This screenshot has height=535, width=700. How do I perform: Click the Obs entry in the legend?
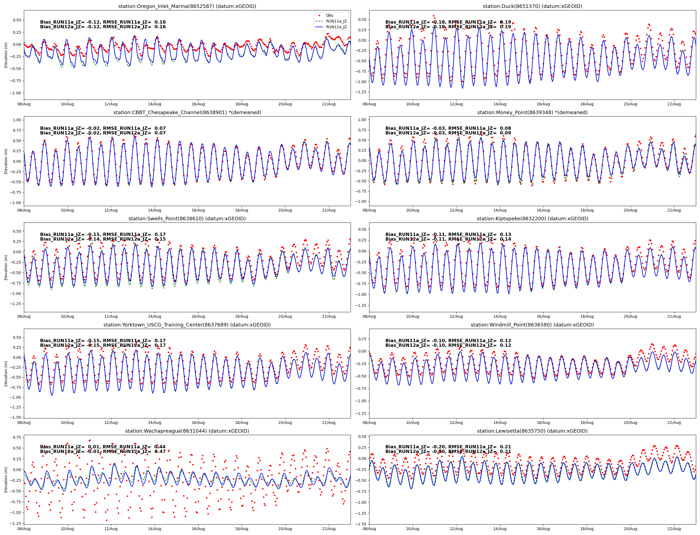(x=329, y=15)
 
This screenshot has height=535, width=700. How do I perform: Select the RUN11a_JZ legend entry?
(x=336, y=21)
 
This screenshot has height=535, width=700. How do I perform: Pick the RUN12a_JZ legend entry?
(x=336, y=27)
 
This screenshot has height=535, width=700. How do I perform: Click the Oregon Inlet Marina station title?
(x=187, y=6)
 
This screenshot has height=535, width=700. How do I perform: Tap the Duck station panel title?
(x=532, y=6)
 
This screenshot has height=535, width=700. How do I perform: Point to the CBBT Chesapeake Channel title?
(x=187, y=112)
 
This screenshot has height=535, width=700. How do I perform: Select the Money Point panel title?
(x=532, y=112)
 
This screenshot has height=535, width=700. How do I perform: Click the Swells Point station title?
(x=187, y=218)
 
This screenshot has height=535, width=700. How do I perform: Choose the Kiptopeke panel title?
(x=532, y=218)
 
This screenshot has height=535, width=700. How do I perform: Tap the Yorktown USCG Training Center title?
(x=187, y=325)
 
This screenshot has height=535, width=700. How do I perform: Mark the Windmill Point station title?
(x=532, y=325)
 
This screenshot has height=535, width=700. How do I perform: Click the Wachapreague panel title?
(x=187, y=431)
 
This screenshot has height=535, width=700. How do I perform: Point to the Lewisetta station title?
(x=532, y=431)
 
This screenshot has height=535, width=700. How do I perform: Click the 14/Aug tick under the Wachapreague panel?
(x=155, y=529)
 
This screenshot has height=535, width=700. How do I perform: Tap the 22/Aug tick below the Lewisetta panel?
(x=674, y=529)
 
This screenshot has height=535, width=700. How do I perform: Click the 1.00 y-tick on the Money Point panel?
(x=362, y=120)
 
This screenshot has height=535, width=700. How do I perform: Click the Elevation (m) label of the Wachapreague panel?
(x=6, y=480)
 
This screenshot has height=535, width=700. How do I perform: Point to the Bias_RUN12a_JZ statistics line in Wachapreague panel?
(x=103, y=452)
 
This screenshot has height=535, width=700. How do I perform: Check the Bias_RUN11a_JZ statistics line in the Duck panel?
(x=448, y=22)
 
